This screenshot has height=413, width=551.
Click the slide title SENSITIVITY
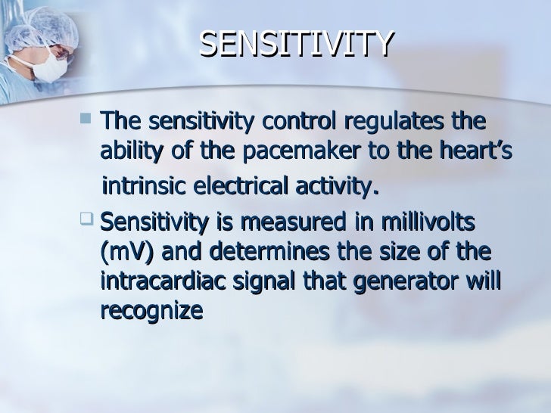pyautogui.click(x=297, y=45)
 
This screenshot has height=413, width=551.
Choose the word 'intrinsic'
pyautogui.click(x=142, y=186)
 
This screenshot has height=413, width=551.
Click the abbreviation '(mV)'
pyautogui.click(x=125, y=252)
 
